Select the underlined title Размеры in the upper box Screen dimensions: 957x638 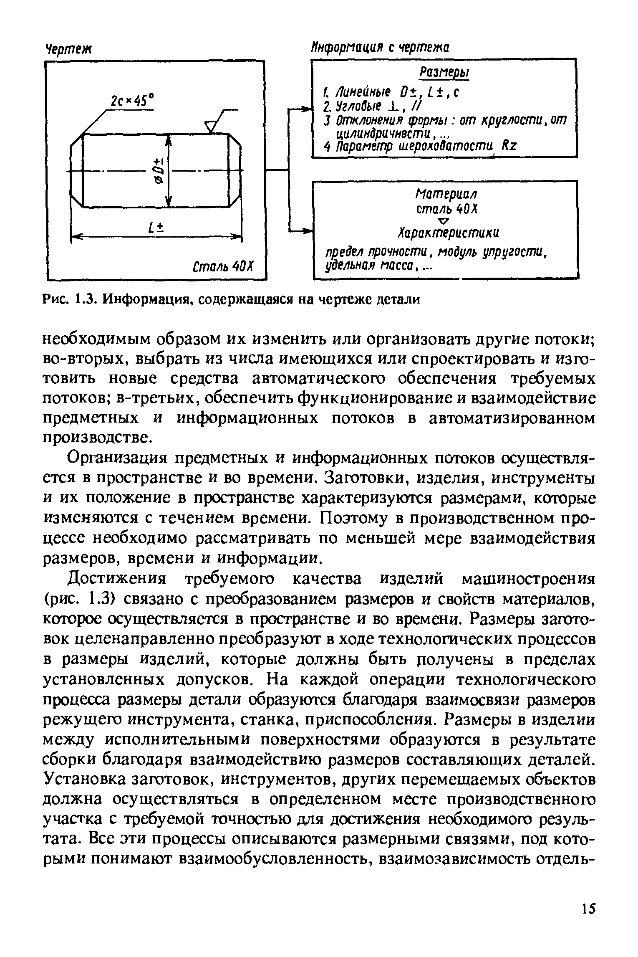point(444,72)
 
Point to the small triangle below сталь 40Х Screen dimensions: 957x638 point(444,220)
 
